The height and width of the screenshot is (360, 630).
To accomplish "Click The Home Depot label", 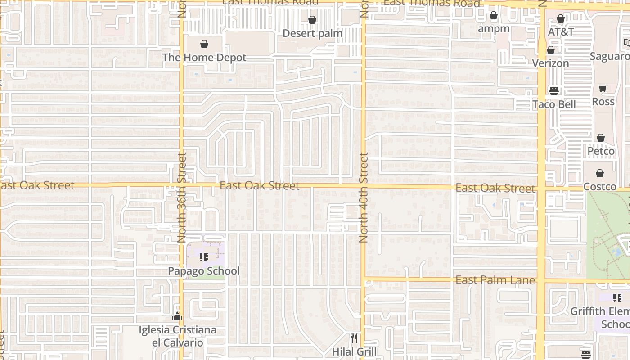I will point(204,58).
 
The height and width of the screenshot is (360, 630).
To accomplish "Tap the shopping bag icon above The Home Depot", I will point(204,44).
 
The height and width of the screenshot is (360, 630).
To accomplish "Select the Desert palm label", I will point(313,33).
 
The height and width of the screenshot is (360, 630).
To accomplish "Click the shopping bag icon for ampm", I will point(494,16).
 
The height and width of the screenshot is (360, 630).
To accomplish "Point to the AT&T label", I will point(561,32).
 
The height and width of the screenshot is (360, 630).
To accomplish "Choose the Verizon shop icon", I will point(550,50).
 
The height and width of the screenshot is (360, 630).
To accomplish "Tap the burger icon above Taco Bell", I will point(554,91).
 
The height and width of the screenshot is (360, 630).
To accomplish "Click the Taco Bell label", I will point(554,104).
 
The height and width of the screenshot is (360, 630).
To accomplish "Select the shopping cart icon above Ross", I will point(603,89).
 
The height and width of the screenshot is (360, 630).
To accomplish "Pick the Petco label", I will point(601,151).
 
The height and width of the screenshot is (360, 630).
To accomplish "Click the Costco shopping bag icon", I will point(600,173).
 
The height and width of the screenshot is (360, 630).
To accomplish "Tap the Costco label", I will point(600,186).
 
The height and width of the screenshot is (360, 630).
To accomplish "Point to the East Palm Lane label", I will point(495,280).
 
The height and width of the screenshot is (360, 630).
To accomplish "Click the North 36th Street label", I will point(182,198).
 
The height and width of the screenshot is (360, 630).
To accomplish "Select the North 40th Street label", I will point(364,198).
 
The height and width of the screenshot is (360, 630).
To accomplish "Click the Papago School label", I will point(204,271).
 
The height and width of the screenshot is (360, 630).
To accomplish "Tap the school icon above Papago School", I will point(204,257).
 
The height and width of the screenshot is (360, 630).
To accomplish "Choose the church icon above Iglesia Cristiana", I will point(177,316).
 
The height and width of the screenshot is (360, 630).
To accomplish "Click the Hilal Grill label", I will point(354,351).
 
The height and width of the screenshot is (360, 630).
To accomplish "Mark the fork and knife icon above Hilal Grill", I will point(354,338).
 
